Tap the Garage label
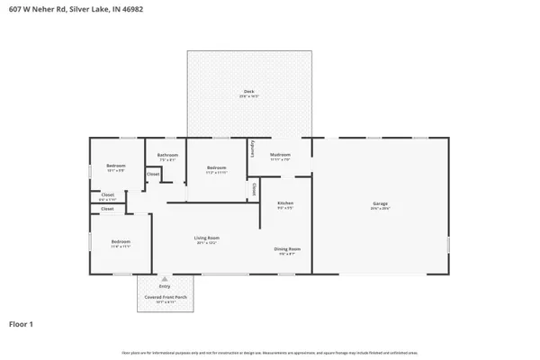click(380, 204)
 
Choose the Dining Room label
click(287, 248)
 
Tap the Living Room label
click(207, 238)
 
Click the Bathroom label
click(167, 156)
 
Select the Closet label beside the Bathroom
click(153, 174)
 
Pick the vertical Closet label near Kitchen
click(254, 190)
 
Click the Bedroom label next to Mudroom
click(216, 167)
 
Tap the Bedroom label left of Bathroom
click(116, 166)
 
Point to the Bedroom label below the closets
click(121, 241)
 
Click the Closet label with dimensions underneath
click(107, 195)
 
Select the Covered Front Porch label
click(164, 297)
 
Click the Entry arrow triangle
click(164, 279)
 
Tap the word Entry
click(164, 287)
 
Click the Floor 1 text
click(22, 323)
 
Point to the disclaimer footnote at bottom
click(269, 353)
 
